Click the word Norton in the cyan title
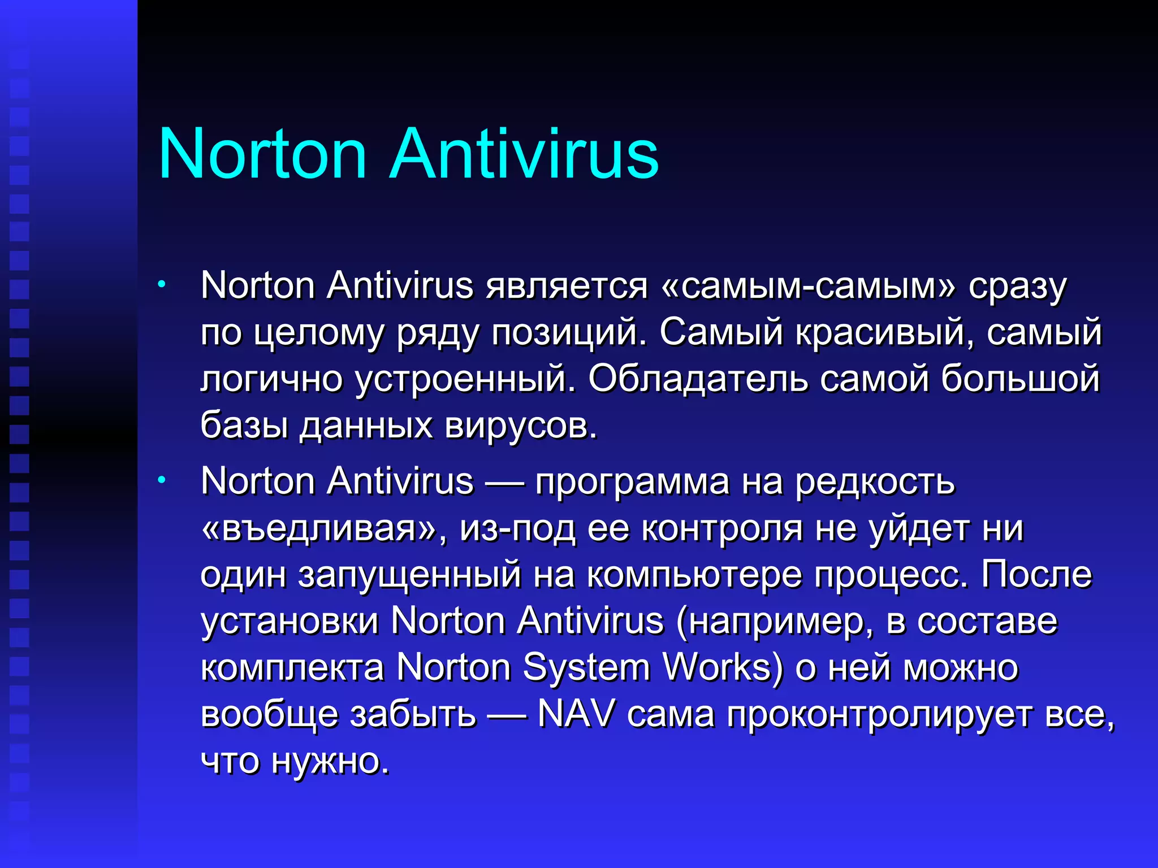click(x=263, y=154)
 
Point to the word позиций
click(x=568, y=333)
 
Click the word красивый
click(x=884, y=333)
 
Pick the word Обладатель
click(x=698, y=379)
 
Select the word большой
click(x=1021, y=379)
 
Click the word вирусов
click(x=521, y=426)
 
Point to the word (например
click(x=774, y=622)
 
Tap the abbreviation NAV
click(x=576, y=715)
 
